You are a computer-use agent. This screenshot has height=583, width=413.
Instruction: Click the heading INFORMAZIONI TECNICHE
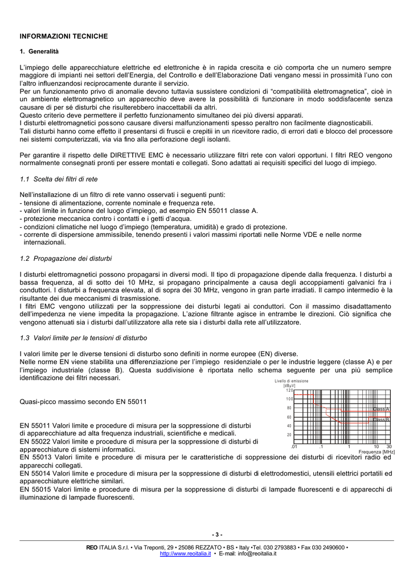64,36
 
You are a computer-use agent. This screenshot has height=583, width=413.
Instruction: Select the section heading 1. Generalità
39,52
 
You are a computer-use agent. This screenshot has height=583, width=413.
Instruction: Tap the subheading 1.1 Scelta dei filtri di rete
59,179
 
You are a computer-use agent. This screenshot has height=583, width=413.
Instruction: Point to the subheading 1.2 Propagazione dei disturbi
66,258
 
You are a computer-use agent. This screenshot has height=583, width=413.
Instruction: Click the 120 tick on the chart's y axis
288,390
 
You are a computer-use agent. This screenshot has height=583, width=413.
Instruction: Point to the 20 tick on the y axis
289,435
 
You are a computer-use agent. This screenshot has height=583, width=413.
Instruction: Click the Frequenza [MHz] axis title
377,451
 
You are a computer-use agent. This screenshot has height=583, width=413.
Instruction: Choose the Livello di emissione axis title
291,380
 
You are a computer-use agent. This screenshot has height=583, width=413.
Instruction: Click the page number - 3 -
217,534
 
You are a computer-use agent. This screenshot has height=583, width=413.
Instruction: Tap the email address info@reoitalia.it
257,553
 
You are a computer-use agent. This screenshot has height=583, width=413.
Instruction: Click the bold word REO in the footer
92,547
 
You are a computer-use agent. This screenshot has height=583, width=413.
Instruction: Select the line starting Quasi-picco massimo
83,401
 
